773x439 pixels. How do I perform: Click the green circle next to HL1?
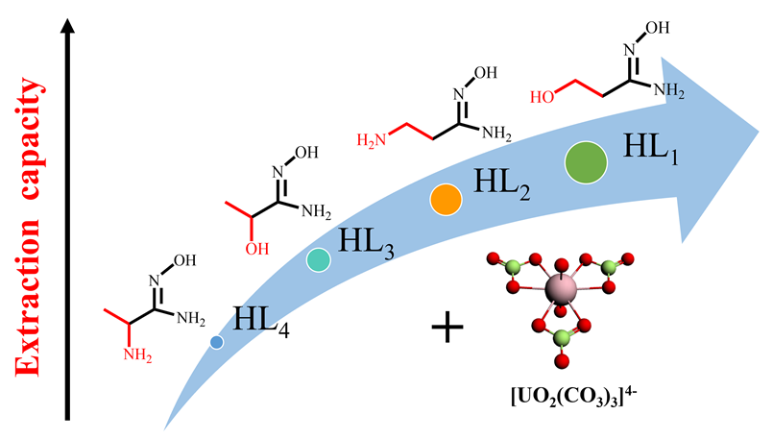(x=584, y=161)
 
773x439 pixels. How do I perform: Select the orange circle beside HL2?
(x=446, y=199)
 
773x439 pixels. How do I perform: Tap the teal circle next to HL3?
(x=319, y=258)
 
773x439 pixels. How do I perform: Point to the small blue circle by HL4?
(x=217, y=341)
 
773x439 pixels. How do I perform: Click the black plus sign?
(x=447, y=329)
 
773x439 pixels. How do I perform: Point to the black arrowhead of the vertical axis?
(x=68, y=28)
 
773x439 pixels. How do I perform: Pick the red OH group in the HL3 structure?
(x=254, y=246)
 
